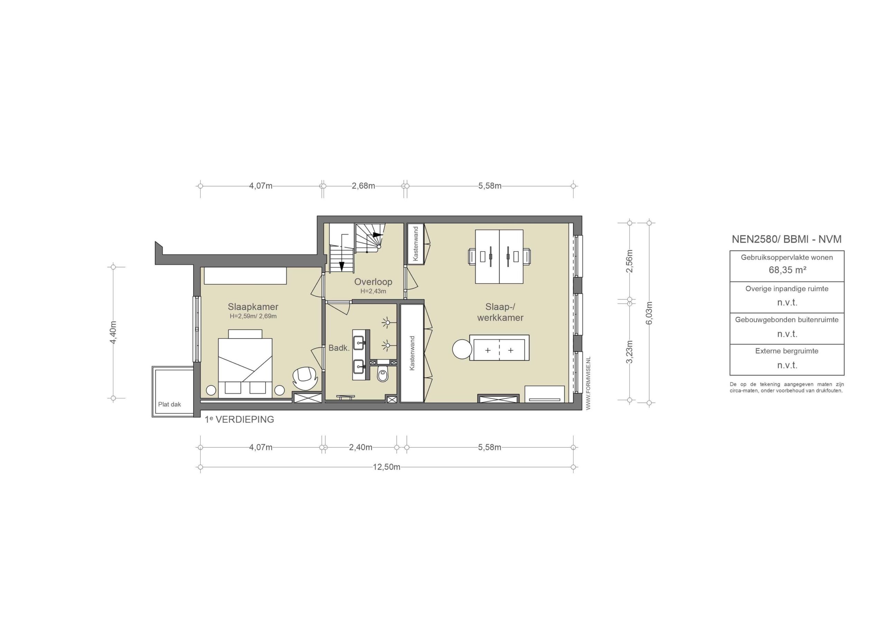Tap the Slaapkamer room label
coord(253,307)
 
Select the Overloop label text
coord(373,282)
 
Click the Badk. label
coord(339,348)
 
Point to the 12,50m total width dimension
coord(386,467)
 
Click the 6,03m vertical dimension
coord(649,313)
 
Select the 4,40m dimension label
coord(113,332)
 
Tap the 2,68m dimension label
coord(363,186)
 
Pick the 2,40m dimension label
coord(361,447)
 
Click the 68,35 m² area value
coord(788,270)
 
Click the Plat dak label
coord(169,404)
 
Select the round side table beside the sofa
coord(462,349)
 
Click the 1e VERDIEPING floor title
coord(239,419)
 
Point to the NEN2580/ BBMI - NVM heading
coord(787,239)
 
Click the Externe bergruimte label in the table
coord(787,351)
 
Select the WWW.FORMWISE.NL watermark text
coord(588,383)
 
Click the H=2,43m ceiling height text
coord(373,292)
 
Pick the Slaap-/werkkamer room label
coord(500,312)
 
